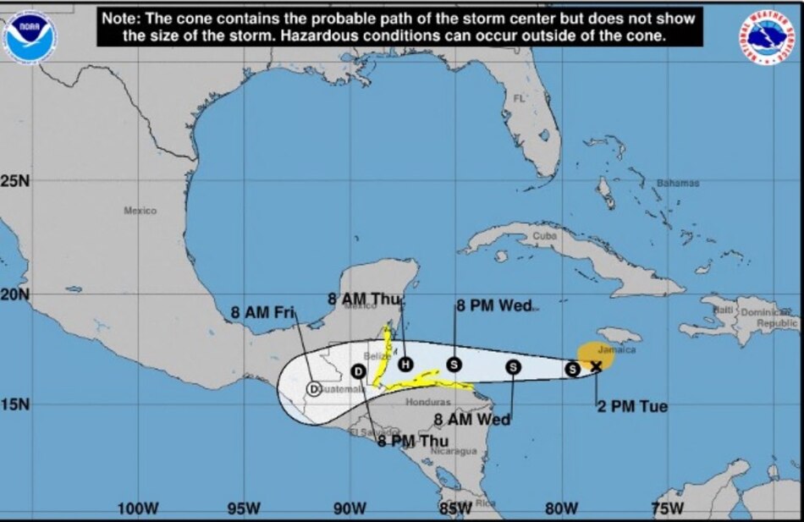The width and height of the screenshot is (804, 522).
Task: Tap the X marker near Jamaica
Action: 596,365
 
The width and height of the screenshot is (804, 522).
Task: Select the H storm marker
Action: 405,364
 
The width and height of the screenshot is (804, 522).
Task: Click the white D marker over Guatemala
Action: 314,389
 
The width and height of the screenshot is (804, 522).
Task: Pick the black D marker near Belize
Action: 358,371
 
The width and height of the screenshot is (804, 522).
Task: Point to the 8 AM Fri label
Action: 262,313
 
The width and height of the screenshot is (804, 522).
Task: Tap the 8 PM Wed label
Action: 493,305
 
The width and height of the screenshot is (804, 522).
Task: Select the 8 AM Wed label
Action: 472,420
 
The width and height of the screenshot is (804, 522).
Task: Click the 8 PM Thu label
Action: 413,441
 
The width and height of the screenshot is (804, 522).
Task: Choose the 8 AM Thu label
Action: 366,298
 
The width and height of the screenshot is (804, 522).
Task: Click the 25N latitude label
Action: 15,181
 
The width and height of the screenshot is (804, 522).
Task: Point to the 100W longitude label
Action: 138,508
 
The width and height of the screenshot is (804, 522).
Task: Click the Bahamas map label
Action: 678,183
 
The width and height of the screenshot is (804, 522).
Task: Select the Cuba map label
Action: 547,236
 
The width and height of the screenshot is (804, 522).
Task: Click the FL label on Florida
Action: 519,99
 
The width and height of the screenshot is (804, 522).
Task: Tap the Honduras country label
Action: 427,402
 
